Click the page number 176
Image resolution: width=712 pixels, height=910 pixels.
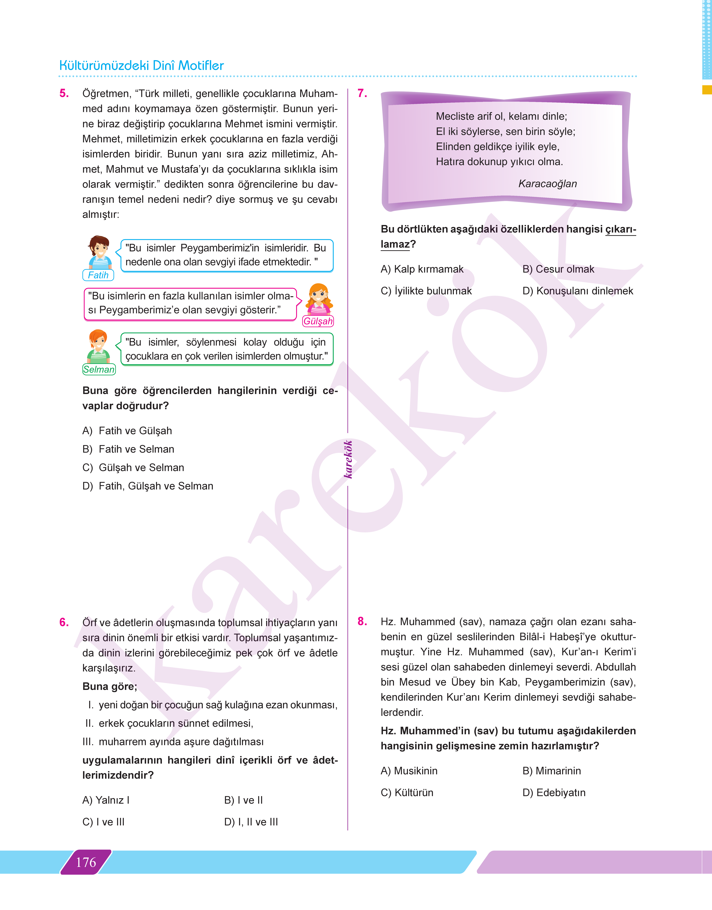click(x=86, y=862)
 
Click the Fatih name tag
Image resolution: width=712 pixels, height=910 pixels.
click(x=98, y=275)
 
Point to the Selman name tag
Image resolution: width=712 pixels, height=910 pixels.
click(x=99, y=369)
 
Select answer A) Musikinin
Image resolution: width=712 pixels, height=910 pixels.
click(x=409, y=771)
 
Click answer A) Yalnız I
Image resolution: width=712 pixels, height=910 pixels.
click(x=106, y=800)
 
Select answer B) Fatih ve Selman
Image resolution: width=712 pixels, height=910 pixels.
click(x=128, y=449)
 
